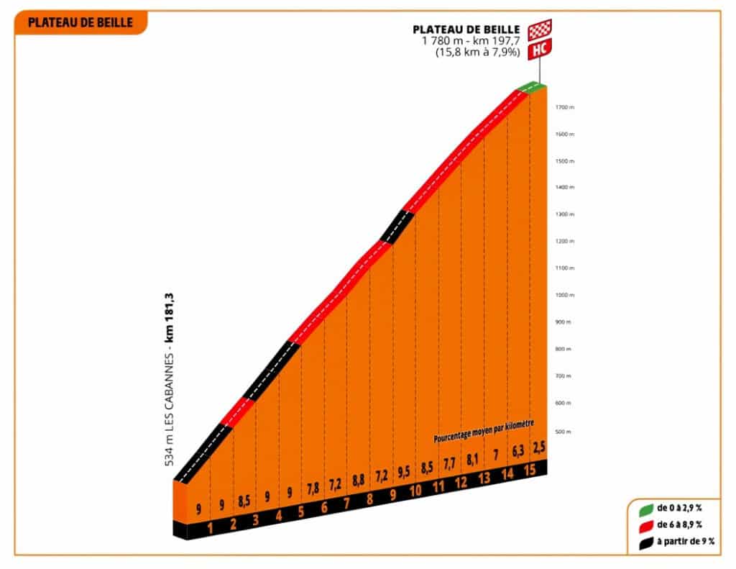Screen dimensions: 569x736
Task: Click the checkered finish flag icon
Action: (540, 30)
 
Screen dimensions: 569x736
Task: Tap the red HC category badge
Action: (540, 51)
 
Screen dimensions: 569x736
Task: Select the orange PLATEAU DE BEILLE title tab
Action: (80, 22)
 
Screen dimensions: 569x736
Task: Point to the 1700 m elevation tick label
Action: (565, 107)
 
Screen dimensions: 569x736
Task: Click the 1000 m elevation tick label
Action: (565, 295)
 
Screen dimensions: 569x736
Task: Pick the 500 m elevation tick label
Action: (565, 432)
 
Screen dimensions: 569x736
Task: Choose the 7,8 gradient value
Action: (313, 489)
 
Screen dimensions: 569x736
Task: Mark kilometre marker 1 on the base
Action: (211, 530)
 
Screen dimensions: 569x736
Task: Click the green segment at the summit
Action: (531, 86)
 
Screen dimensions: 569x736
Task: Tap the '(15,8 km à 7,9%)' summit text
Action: (477, 52)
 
